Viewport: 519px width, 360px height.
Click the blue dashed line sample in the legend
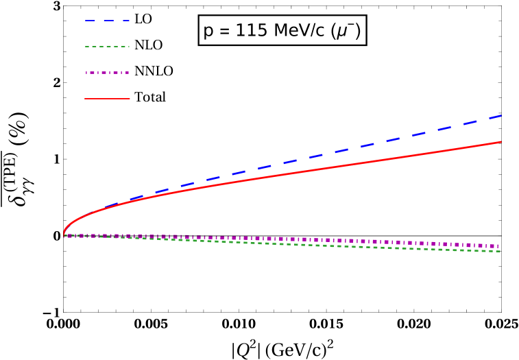(107, 21)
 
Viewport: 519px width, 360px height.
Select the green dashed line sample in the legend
(107, 47)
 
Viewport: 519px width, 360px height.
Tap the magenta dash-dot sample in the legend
(107, 73)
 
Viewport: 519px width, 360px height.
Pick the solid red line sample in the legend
(107, 99)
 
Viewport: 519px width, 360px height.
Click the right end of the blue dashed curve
(501, 116)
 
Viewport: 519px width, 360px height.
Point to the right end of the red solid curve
(501, 142)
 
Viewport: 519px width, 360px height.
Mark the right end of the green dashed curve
(500, 252)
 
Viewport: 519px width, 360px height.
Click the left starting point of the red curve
(64, 234)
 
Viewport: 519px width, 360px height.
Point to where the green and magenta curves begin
(64, 236)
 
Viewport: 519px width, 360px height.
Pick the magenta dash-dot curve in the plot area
(288, 239)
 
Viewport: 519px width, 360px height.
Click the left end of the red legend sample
(85, 99)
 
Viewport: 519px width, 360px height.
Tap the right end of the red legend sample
(130, 99)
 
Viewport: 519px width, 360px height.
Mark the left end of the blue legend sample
(85, 21)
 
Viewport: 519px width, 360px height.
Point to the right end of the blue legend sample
(130, 21)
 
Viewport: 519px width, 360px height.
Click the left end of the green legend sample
(85, 47)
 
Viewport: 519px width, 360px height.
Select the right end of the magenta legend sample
(130, 73)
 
